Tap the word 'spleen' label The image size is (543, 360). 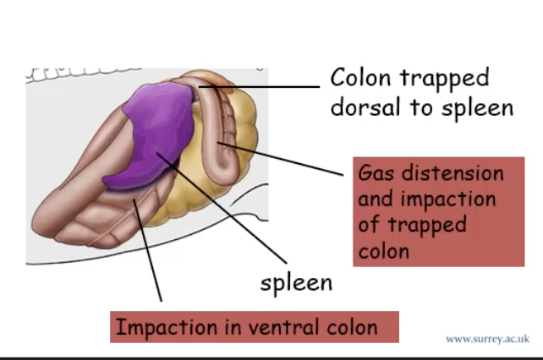pos(295,281)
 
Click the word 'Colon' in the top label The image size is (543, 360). pos(361,79)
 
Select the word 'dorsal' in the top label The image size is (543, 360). pos(365,107)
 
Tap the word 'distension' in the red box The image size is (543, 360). pos(452,173)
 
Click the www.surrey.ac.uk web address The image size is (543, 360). pos(487,340)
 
